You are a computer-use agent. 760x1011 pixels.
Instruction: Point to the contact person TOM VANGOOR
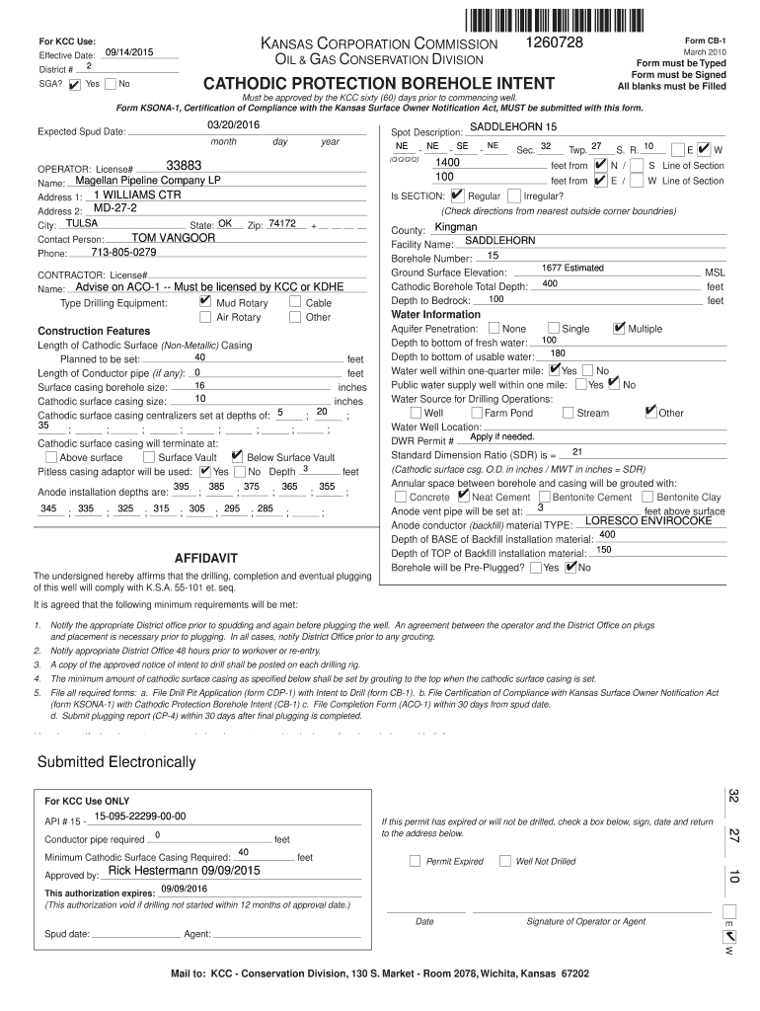(174, 238)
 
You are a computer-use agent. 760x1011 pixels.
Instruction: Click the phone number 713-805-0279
(123, 253)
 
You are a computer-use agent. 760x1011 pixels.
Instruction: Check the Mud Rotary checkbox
(204, 301)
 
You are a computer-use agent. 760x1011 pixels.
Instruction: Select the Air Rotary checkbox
(205, 317)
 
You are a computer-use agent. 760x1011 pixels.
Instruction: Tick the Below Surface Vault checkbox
(236, 456)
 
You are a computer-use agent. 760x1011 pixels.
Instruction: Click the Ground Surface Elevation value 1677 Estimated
(572, 269)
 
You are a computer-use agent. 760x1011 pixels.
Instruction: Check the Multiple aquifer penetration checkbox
(619, 328)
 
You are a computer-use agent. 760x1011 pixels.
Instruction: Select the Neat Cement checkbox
(478, 497)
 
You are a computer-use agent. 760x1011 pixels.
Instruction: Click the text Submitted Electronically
(116, 762)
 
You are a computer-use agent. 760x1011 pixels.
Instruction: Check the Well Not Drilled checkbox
(504, 860)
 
